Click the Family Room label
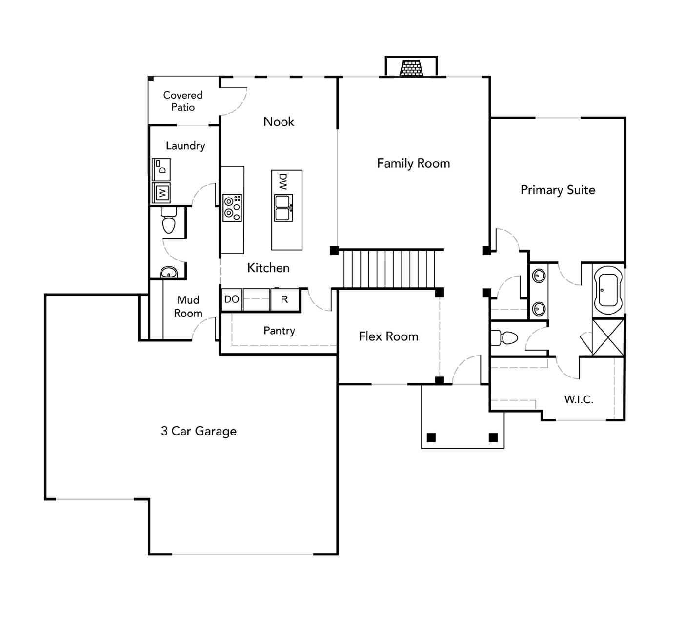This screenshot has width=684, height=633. (x=413, y=163)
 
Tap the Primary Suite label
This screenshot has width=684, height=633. (x=558, y=190)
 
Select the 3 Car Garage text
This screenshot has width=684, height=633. (x=199, y=431)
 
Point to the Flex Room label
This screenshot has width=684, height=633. (x=388, y=336)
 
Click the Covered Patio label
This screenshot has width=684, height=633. (x=183, y=101)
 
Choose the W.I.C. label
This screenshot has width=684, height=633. (x=579, y=399)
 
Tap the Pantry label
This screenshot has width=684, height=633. (x=280, y=331)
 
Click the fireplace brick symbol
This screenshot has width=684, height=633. (x=411, y=68)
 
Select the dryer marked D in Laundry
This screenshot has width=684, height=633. (x=161, y=170)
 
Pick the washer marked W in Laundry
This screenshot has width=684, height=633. (x=161, y=193)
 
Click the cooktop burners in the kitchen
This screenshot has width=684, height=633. (x=233, y=208)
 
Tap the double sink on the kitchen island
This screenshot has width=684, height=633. (x=283, y=208)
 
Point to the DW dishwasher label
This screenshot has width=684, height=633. (x=283, y=181)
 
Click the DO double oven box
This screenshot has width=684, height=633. (x=232, y=299)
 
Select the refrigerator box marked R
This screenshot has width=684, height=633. (x=285, y=299)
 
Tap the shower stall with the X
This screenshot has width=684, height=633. (x=608, y=337)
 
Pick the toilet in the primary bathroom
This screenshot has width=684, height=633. (x=504, y=338)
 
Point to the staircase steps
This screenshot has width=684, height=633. (x=389, y=269)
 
